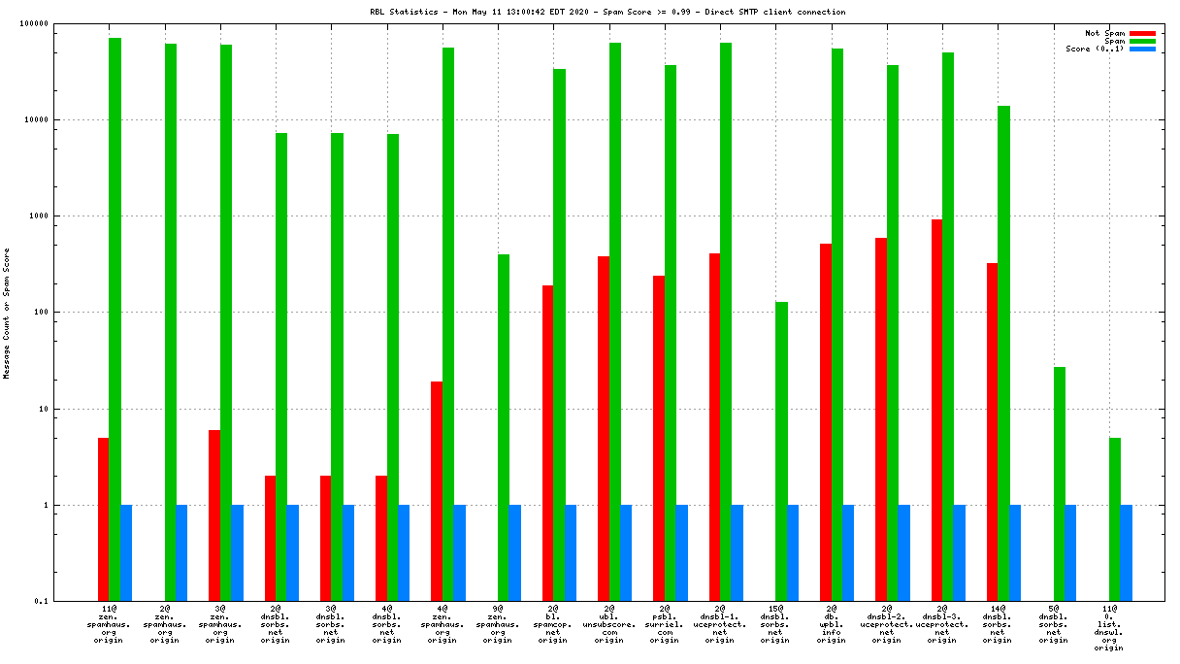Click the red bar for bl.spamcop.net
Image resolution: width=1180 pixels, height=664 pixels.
547,443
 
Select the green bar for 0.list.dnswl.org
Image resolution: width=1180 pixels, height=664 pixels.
1115,519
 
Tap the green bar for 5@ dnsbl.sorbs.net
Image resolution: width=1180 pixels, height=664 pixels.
1060,483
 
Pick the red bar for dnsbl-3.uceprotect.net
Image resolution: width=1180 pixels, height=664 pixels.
936,410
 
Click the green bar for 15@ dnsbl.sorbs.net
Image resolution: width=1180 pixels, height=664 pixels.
781,451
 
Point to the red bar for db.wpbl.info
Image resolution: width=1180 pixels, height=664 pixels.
826,422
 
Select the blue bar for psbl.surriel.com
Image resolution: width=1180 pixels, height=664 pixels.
681,552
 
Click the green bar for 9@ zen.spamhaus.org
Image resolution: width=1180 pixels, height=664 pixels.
504,427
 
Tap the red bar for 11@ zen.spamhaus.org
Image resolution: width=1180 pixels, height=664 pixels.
103,519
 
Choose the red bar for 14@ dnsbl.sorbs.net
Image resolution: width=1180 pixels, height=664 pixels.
992,432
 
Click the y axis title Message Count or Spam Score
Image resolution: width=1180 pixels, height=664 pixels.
7,313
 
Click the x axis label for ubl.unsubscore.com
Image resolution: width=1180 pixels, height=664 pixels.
608,624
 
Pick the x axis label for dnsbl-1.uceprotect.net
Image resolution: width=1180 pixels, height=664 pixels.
719,624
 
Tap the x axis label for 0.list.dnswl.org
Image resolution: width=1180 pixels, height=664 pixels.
1109,628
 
